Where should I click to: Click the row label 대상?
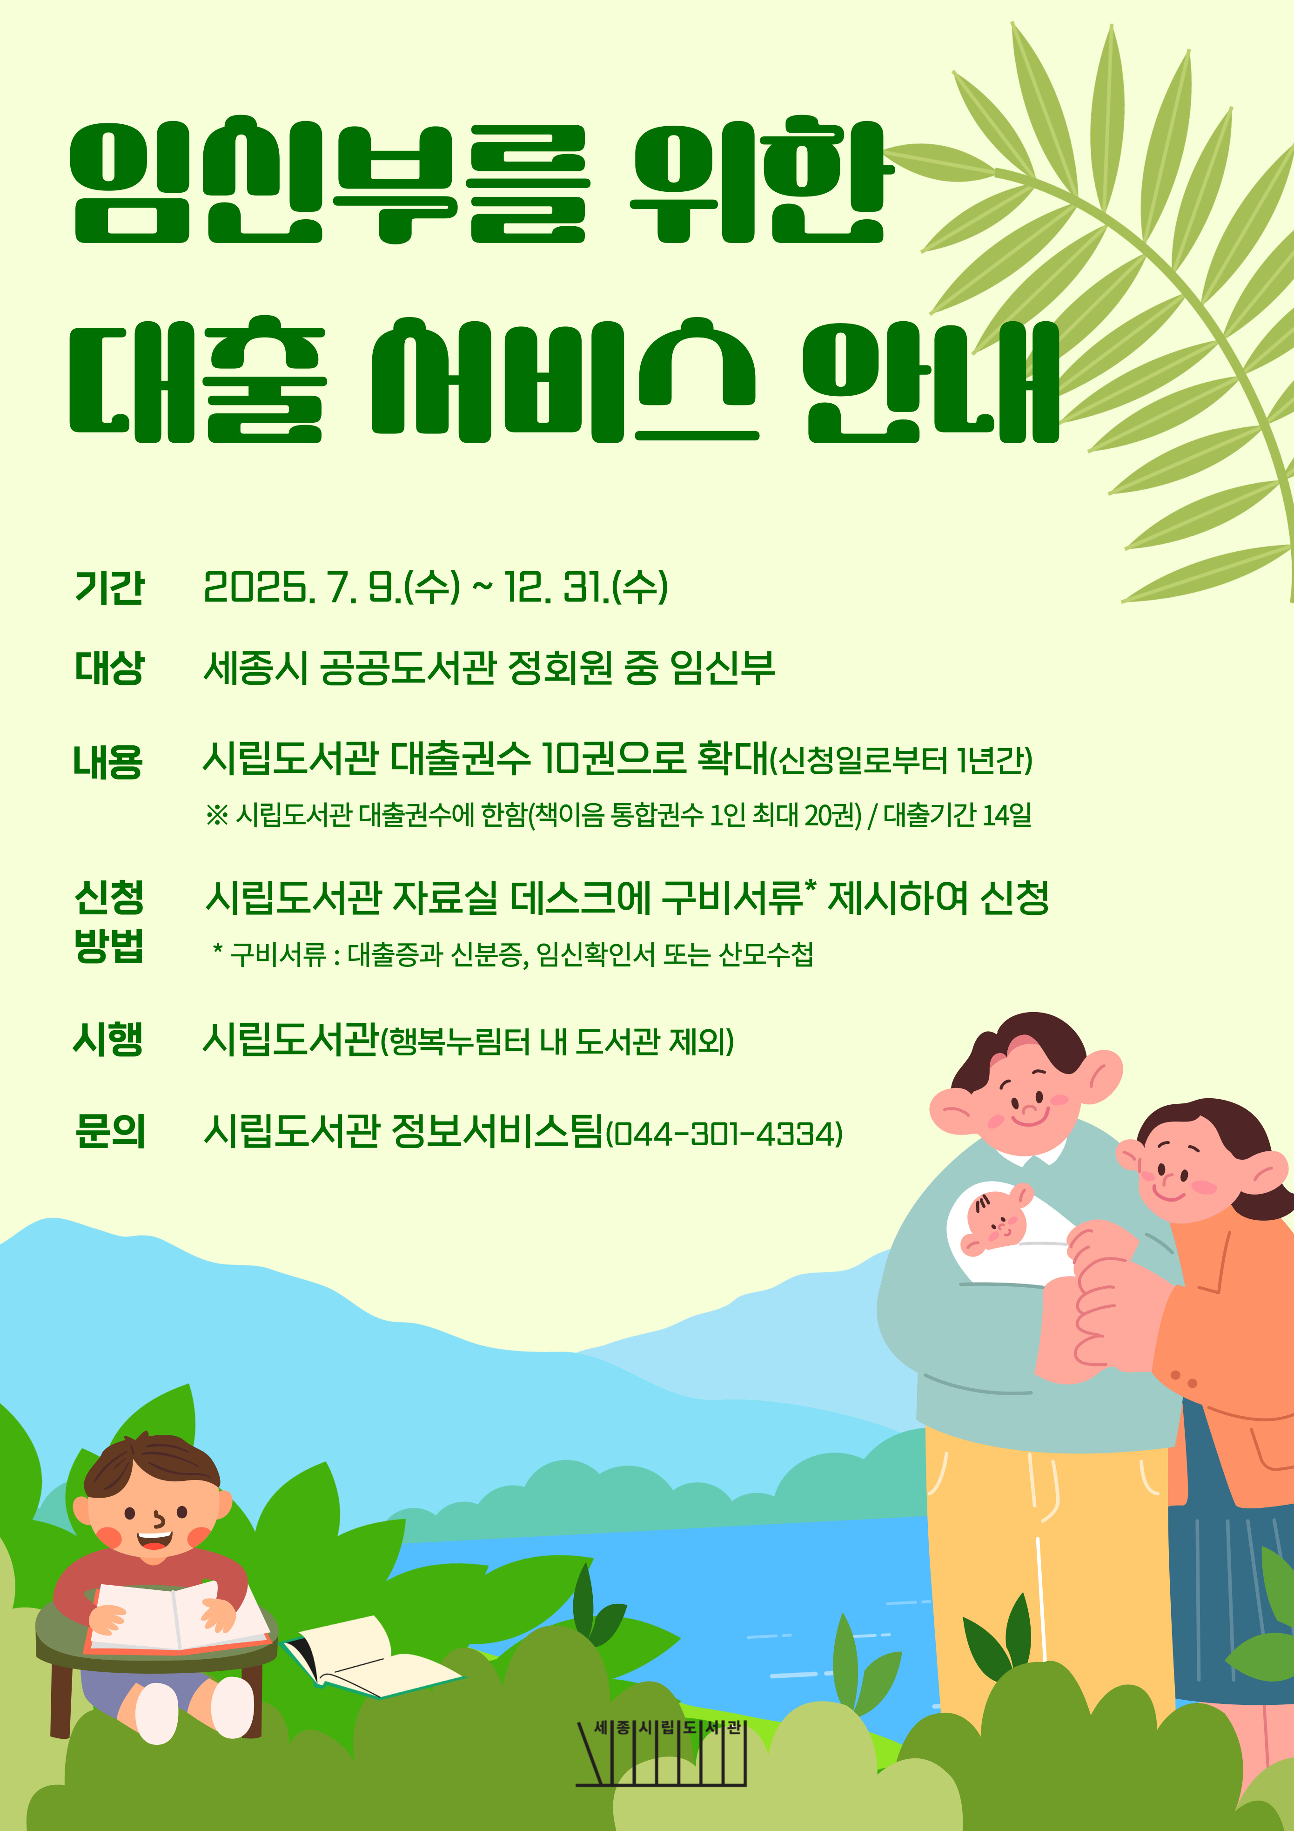[109, 668]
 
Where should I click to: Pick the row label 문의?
[110, 1131]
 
